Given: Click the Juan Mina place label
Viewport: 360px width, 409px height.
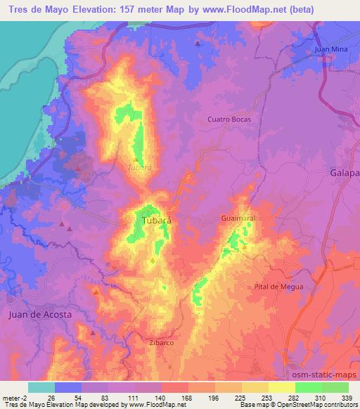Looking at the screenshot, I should (332, 49).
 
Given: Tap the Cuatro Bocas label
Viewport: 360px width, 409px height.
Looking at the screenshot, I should (229, 119).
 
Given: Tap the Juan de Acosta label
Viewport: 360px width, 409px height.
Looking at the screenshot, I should (40, 315).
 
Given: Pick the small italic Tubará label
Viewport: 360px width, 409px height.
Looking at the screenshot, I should (139, 168).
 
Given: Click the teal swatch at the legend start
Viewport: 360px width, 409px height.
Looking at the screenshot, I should (41, 387).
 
